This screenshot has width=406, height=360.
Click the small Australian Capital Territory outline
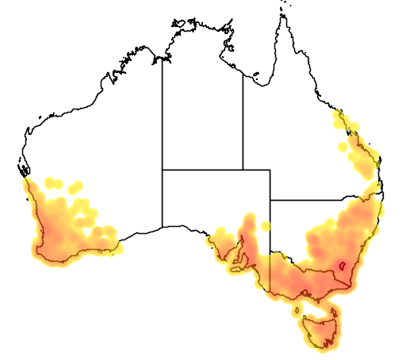[343, 267]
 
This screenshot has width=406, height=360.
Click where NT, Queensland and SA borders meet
[243, 169]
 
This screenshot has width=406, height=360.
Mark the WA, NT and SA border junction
[163, 169]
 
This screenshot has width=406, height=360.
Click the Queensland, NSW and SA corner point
[270, 199]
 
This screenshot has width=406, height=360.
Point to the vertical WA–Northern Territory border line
[163, 111]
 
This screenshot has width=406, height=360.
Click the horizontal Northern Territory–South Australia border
[202, 169]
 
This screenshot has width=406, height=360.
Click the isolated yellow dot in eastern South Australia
[265, 225]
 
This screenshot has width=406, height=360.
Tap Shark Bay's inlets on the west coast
[22, 169]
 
